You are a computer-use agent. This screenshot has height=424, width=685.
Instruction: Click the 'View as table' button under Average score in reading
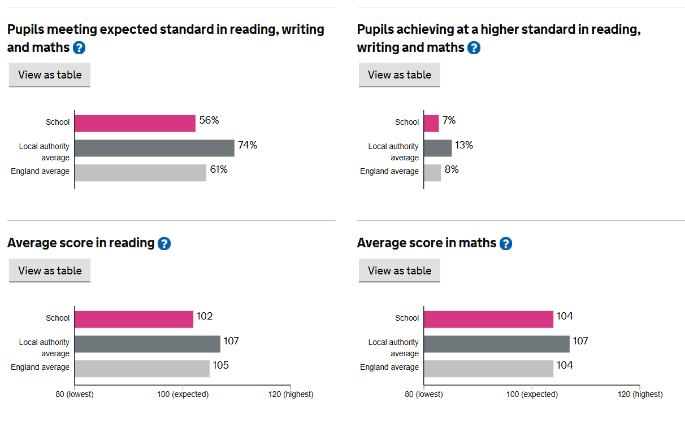pos(50,270)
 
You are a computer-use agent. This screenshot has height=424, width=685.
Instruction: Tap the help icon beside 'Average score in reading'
pos(164,243)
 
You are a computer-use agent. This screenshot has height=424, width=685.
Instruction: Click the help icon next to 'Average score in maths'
pos(506,243)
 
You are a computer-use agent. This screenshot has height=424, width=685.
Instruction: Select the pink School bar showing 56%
pos(135,123)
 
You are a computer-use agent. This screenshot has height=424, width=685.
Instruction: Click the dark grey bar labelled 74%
pos(154,148)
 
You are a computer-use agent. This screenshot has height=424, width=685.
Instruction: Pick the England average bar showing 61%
pos(140,173)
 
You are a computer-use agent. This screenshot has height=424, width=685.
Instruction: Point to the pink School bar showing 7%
pos(431,123)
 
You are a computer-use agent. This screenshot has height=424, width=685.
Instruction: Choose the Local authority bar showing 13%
pos(438,148)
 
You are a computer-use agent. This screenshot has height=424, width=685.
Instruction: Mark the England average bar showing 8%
pos(432,173)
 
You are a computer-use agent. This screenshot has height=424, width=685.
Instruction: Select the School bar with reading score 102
pos(134,319)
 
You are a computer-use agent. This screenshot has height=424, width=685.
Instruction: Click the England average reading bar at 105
pos(142,369)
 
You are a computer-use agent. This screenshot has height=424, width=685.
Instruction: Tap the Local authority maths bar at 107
pos(497,344)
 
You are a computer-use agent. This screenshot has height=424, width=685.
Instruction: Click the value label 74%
pos(248,145)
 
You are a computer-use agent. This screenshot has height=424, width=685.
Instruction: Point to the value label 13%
pos(464,145)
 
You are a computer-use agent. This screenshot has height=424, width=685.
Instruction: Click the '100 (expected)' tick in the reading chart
pos(183,394)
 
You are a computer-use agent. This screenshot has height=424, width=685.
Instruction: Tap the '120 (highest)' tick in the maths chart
pos(640,394)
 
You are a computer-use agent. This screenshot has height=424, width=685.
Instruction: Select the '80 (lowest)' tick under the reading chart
pos(75,394)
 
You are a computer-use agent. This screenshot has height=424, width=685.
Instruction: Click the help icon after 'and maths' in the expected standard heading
pos(79,48)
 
